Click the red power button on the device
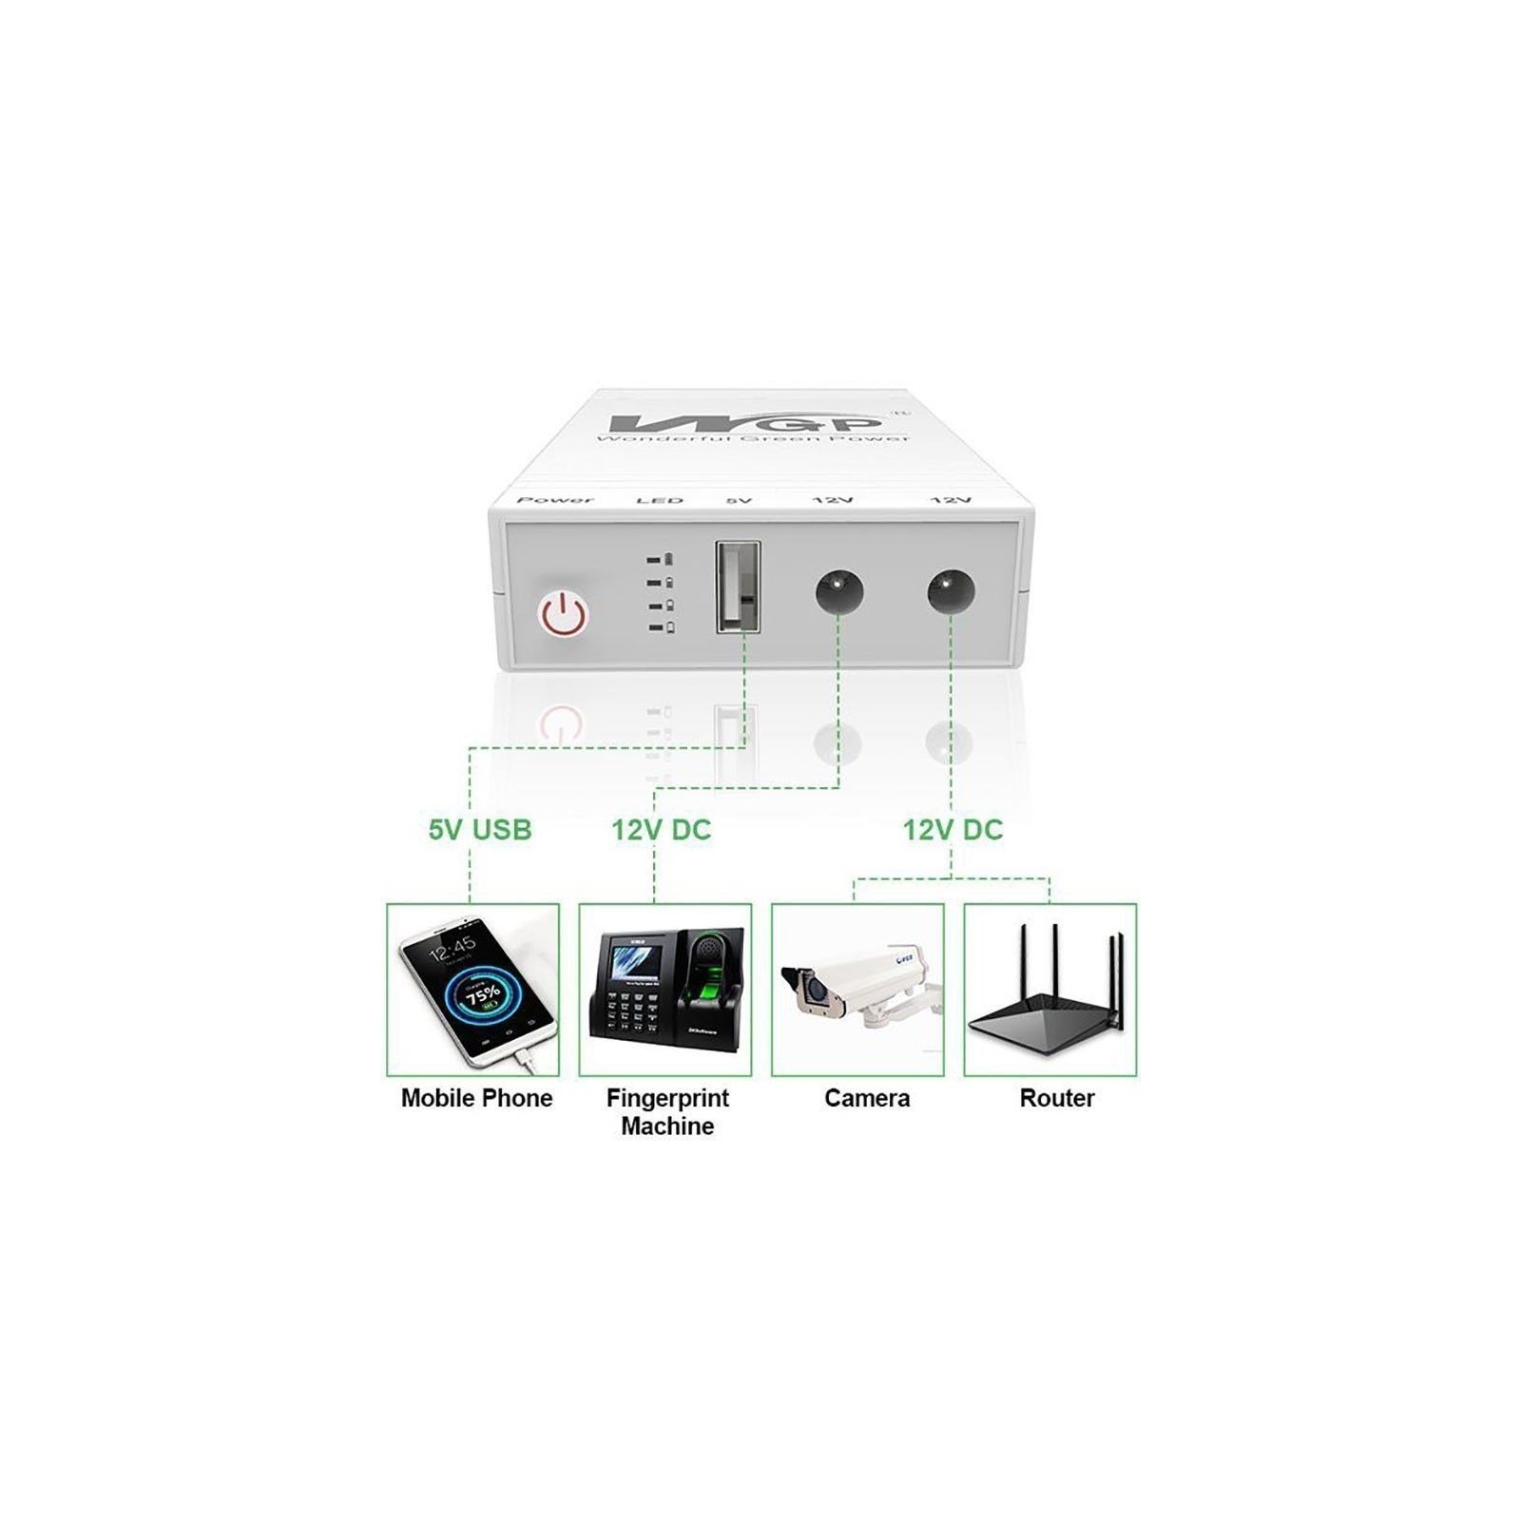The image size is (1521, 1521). [563, 614]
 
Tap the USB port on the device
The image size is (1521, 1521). [738, 586]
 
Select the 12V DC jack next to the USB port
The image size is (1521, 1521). [839, 591]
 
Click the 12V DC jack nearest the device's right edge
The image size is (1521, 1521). [952, 591]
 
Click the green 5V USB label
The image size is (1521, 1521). [480, 830]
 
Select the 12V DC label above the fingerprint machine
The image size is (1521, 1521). [661, 830]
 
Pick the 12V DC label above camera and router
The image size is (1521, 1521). [953, 830]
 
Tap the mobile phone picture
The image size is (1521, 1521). [472, 990]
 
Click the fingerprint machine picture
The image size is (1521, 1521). [665, 990]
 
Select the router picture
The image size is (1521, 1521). [1049, 990]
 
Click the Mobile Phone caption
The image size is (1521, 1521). [476, 1098]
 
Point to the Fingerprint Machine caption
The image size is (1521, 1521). [667, 1111]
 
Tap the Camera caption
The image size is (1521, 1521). [867, 1098]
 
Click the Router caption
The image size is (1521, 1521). [1057, 1098]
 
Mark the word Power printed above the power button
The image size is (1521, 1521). [555, 500]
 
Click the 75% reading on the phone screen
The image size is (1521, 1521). [483, 995]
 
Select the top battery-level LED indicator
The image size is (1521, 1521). [661, 559]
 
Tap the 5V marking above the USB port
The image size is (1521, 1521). [740, 500]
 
